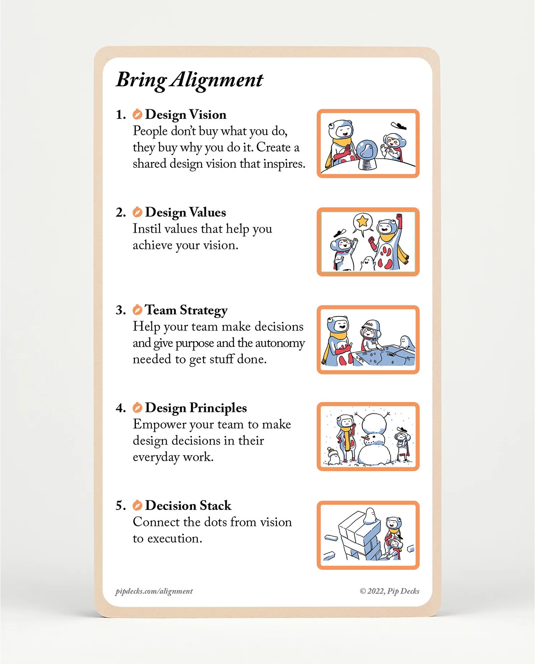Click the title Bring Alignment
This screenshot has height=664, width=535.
coord(189,80)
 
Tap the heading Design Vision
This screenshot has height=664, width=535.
coord(185,115)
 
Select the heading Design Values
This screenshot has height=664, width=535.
coord(185,212)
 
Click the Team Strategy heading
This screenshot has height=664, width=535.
coord(186,310)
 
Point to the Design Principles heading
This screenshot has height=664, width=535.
coord(196,408)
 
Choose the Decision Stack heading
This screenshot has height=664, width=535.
coord(188,506)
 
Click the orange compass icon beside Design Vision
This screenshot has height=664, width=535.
coord(137,114)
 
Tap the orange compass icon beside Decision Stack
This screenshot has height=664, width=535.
coord(137,505)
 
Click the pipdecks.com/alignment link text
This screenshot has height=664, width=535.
coord(154,591)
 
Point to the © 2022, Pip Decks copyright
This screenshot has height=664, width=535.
coord(389,591)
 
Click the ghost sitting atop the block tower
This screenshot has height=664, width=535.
coord(370,516)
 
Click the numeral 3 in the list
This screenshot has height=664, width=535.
coord(120,310)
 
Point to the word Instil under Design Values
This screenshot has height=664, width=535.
coord(146,229)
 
